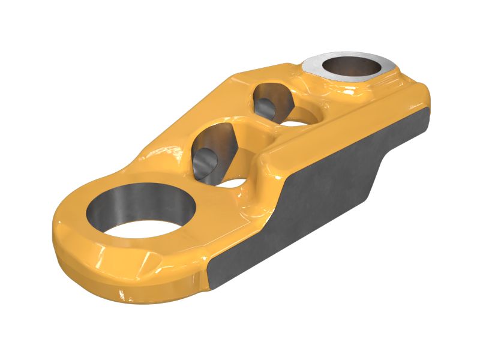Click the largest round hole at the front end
pyautogui.click(x=142, y=210)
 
